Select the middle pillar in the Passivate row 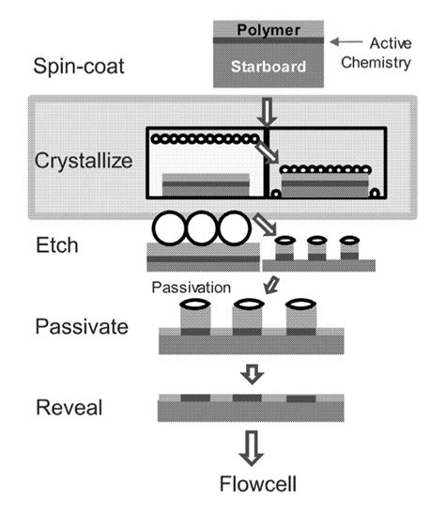pyautogui.click(x=247, y=318)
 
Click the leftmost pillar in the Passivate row pyautogui.click(x=194, y=318)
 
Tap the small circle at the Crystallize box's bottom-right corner pyautogui.click(x=374, y=193)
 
